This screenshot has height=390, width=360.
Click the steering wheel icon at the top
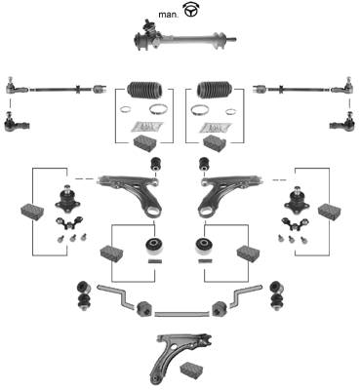(x=191, y=10)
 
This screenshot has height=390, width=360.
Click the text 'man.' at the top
(x=169, y=15)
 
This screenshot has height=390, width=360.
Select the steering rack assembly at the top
(x=184, y=36)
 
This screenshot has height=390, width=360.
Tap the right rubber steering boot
(x=215, y=89)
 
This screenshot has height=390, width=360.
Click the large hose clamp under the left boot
(x=157, y=109)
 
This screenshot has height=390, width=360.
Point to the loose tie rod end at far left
(x=17, y=122)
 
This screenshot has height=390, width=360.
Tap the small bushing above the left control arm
(x=157, y=164)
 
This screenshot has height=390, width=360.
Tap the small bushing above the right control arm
(x=204, y=164)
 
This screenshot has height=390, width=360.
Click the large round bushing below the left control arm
(x=154, y=247)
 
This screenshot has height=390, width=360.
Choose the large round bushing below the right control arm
(x=205, y=247)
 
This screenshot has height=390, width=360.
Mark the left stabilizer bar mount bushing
(x=143, y=309)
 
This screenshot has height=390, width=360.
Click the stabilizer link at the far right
(x=277, y=295)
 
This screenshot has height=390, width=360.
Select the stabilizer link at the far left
(x=84, y=295)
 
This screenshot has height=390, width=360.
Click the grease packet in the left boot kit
(x=146, y=127)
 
